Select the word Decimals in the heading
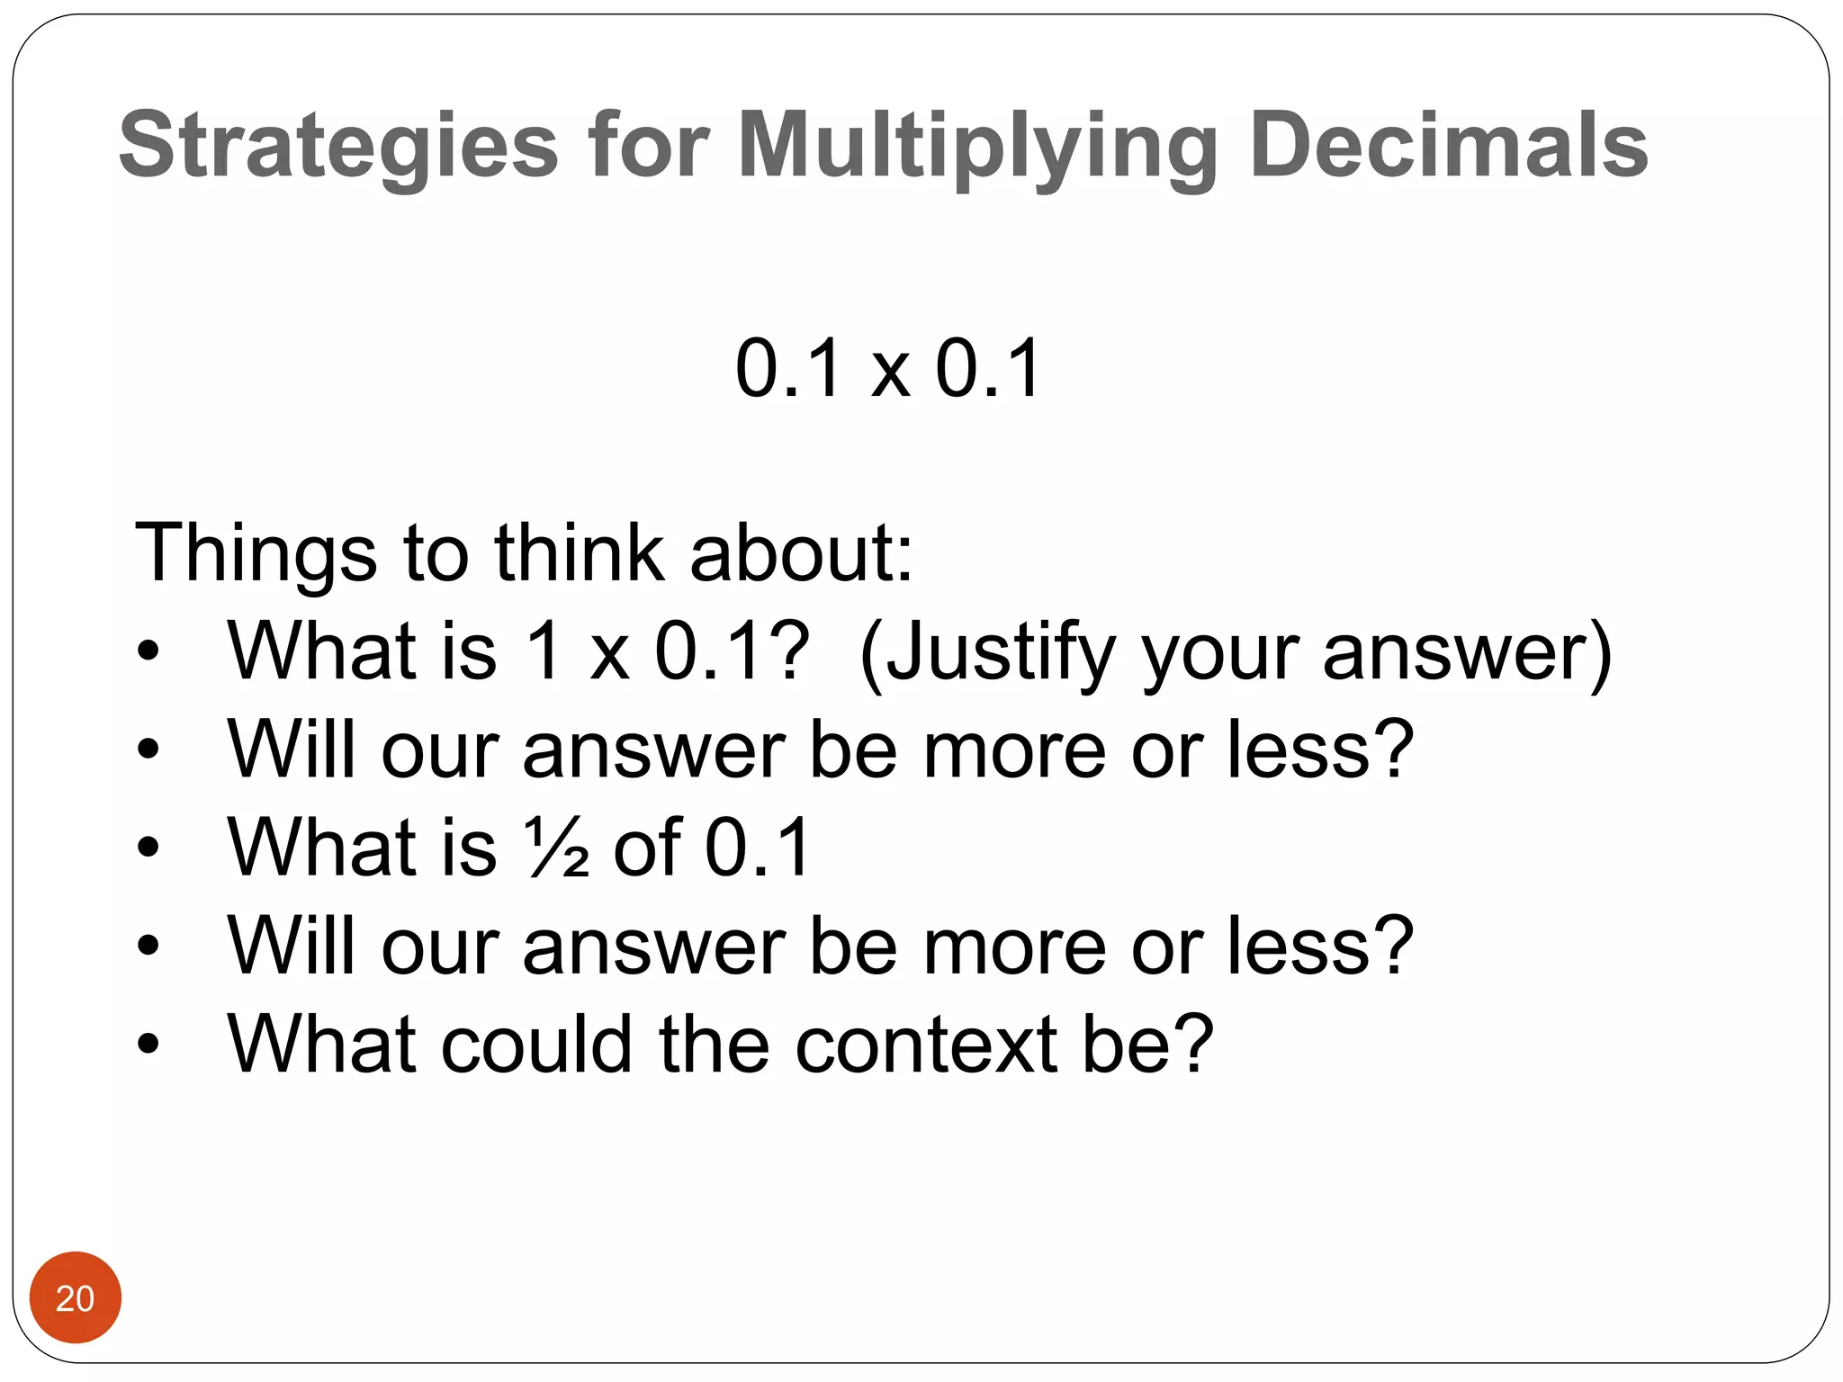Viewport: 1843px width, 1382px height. point(1448,144)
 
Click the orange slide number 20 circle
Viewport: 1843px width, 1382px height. point(75,1297)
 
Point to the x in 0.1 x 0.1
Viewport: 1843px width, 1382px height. point(889,371)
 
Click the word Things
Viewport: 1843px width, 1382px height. point(255,552)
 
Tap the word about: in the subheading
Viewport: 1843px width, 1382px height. point(801,552)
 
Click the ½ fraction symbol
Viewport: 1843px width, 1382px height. point(558,848)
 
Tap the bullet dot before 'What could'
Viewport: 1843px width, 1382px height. point(148,1044)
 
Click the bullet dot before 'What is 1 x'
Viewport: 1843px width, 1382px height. point(148,651)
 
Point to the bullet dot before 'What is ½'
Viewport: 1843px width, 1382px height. point(148,848)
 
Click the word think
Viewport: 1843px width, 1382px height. point(578,552)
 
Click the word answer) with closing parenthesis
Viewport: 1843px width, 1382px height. point(1467,653)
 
